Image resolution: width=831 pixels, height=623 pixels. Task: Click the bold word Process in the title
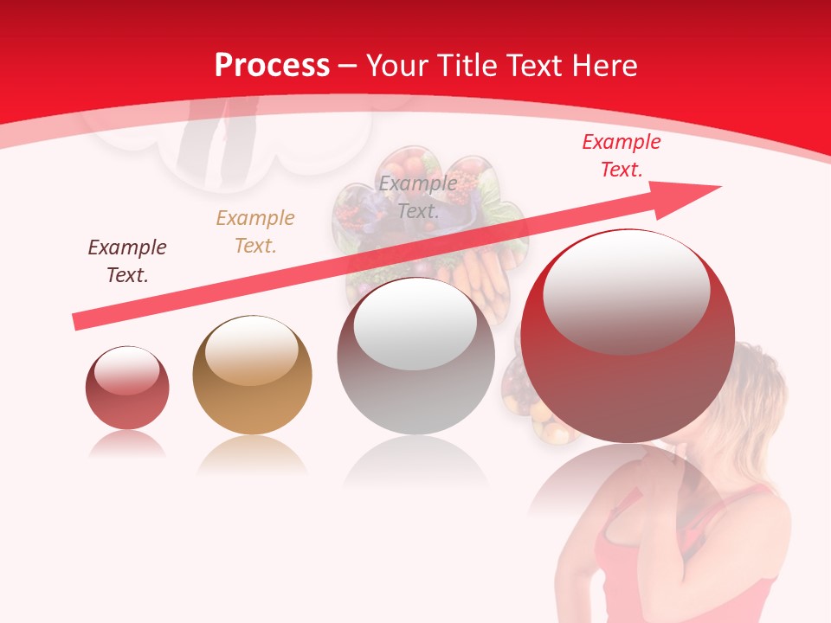click(x=272, y=66)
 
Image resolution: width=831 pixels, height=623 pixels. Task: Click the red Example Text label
click(x=621, y=156)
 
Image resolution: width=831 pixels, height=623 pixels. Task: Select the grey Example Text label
click(x=418, y=197)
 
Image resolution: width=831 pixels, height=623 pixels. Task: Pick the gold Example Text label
click(x=254, y=232)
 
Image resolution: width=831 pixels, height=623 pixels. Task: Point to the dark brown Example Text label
click(x=127, y=261)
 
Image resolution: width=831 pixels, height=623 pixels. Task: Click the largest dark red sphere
click(x=628, y=381)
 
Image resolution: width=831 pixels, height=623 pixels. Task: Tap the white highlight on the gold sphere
click(x=251, y=351)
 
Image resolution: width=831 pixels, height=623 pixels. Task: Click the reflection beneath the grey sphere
click(x=415, y=463)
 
